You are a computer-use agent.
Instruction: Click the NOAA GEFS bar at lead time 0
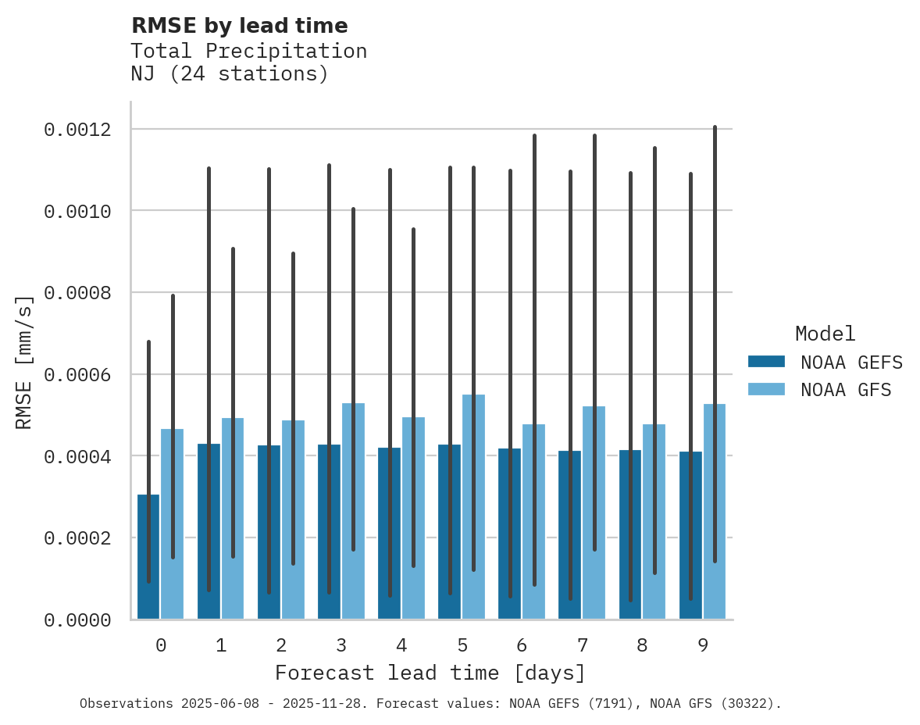pyautogui.click(x=148, y=556)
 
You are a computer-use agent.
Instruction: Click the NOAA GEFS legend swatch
pyautogui.click(x=766, y=362)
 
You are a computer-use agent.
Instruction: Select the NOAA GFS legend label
pyautogui.click(x=846, y=390)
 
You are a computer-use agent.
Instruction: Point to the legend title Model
pyautogui.click(x=826, y=334)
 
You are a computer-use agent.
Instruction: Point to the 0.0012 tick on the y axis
pyautogui.click(x=77, y=130)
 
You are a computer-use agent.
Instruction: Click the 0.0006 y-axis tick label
pyautogui.click(x=77, y=375)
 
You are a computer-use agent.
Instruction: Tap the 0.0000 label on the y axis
pyautogui.click(x=77, y=620)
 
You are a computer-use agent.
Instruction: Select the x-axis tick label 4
pyautogui.click(x=401, y=645)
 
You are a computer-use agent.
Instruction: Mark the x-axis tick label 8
pyautogui.click(x=642, y=645)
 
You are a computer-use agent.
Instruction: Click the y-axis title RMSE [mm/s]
pyautogui.click(x=25, y=362)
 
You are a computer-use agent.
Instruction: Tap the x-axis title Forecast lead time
pyautogui.click(x=430, y=673)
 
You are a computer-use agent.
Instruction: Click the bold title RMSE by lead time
pyautogui.click(x=240, y=26)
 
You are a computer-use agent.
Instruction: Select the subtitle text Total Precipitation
pyautogui.click(x=249, y=51)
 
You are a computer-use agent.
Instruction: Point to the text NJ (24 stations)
pyautogui.click(x=230, y=74)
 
